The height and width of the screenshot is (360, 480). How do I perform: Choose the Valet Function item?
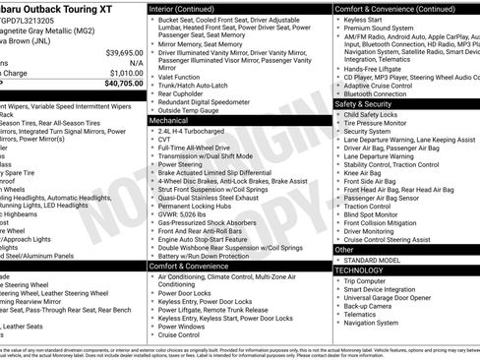180,75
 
